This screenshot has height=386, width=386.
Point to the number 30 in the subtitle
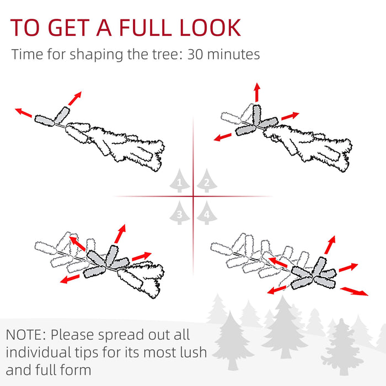[199, 55]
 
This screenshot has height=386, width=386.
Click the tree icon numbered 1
[179, 181]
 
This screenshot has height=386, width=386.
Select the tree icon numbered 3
[179, 213]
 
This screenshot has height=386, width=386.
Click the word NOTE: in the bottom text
[28, 335]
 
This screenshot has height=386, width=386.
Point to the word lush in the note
[190, 352]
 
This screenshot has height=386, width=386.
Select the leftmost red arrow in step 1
[23, 112]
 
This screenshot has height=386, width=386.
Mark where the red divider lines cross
[193, 196]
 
